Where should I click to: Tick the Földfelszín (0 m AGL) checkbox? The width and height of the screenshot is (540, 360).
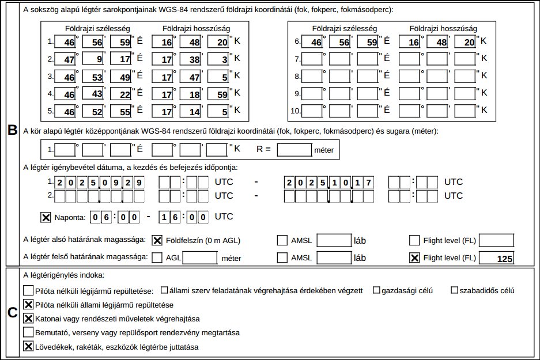[x=157, y=240]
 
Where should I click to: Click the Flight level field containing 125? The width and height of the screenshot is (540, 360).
[x=496, y=258]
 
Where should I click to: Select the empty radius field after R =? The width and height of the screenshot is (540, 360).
[x=294, y=150]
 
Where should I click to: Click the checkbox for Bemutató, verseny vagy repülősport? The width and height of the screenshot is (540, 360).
[x=28, y=332]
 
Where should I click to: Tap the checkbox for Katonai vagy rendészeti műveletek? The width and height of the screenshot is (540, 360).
[x=28, y=318]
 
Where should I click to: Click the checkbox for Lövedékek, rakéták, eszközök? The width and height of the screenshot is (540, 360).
[x=28, y=347]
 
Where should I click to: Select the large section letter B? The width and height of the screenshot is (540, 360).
[x=11, y=131]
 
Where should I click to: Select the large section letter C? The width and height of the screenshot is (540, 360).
[x=11, y=313]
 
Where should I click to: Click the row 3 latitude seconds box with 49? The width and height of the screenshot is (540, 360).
[x=122, y=76]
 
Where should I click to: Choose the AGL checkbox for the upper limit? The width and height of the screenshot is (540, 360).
[x=157, y=258]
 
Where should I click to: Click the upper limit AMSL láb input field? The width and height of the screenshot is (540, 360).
[x=334, y=258]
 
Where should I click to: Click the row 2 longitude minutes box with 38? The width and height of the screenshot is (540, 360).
[x=190, y=59]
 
